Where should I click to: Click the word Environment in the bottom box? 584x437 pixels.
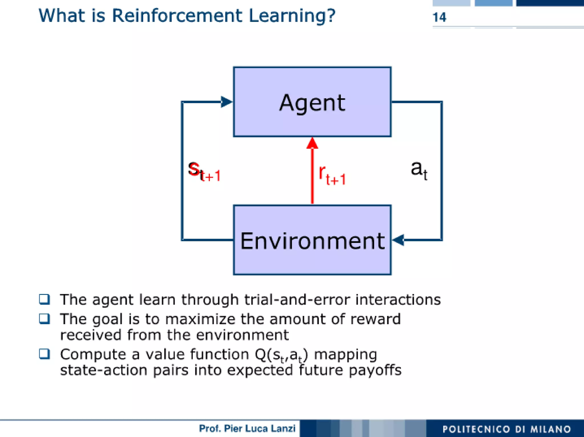[x=312, y=241]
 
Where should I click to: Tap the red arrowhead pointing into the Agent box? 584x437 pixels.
[x=312, y=143]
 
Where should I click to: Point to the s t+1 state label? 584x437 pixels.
[x=204, y=171]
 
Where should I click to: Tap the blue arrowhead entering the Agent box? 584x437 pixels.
[x=227, y=102]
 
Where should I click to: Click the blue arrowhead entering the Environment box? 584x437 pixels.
[x=398, y=240]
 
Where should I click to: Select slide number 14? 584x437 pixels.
[x=439, y=17]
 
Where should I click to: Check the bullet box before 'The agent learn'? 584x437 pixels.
[x=44, y=299]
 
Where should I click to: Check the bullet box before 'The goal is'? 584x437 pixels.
[x=44, y=319]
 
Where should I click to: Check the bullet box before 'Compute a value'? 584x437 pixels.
[x=44, y=354]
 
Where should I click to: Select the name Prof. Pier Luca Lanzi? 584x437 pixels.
[x=247, y=428]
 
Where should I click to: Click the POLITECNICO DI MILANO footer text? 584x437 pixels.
[x=506, y=429]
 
